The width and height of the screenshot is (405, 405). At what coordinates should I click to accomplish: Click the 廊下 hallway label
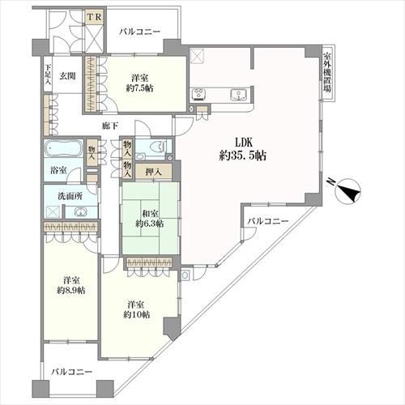click(x=111, y=126)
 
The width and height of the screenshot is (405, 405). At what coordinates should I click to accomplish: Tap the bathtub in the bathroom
click(x=62, y=150)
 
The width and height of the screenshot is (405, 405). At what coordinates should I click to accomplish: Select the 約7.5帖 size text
click(x=140, y=88)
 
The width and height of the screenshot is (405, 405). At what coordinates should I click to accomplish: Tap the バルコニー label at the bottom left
click(x=72, y=372)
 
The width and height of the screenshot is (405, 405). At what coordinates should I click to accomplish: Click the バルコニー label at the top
click(x=139, y=31)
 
